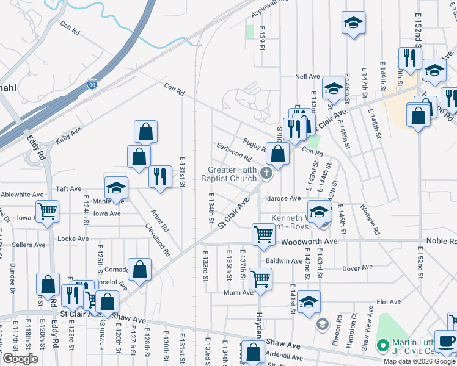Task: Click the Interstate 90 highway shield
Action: (92, 84)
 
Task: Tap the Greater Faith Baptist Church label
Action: (232, 174)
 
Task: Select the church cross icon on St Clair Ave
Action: (266, 173)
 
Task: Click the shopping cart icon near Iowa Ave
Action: (48, 212)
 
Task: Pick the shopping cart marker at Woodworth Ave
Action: (263, 234)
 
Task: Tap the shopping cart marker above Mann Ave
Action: (261, 279)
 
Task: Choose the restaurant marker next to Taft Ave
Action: (160, 177)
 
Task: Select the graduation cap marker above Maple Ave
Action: (116, 188)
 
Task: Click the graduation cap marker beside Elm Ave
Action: (309, 302)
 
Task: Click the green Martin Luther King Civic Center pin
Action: (383, 345)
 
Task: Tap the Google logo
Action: (20, 359)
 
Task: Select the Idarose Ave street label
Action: (282, 198)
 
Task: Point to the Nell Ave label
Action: (307, 77)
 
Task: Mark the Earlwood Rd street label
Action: (234, 152)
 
